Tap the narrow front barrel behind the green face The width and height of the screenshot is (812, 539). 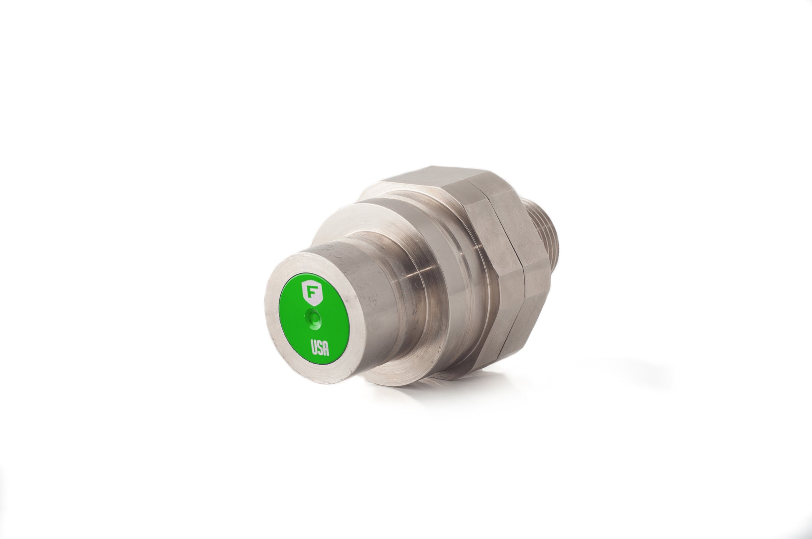click(367, 300)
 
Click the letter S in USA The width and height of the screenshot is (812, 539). click(320, 348)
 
